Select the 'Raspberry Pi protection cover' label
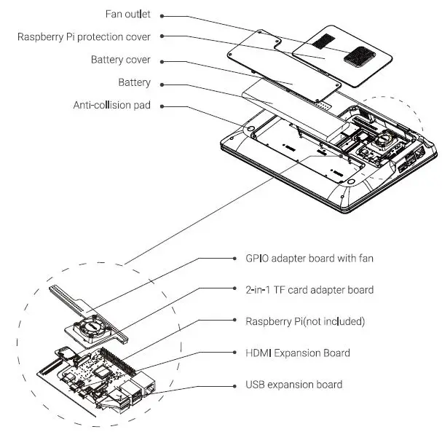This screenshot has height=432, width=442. coord(84,36)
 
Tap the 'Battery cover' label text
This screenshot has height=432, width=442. coord(121,60)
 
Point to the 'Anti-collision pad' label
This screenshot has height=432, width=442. coord(111,105)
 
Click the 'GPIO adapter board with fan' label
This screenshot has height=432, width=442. coord(309,258)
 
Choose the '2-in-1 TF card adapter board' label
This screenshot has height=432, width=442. coord(309,290)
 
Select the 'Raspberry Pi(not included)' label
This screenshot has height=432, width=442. coord(305,321)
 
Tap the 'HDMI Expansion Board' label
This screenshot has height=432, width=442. coord(298,353)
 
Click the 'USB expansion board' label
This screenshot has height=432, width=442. coord(293,385)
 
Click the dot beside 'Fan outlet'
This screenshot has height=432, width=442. coord(161,15)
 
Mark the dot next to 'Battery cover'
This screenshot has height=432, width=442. coord(161,60)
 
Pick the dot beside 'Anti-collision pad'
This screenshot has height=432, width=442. coord(161,105)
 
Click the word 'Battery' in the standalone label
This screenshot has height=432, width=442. coord(134,82)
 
